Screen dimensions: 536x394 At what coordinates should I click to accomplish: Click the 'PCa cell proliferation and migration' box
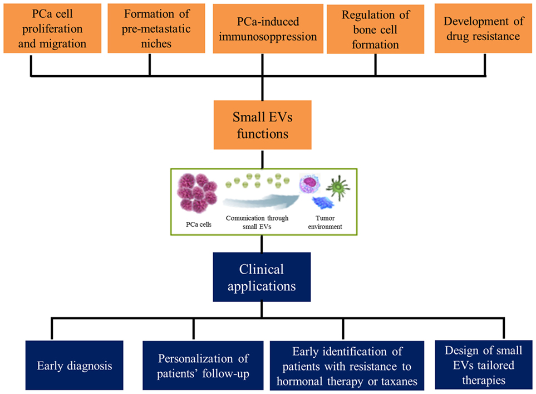click(x=52, y=28)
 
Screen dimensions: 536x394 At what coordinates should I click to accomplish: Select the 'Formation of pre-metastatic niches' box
click(x=156, y=28)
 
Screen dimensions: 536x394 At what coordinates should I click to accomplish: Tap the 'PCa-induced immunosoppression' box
click(x=268, y=29)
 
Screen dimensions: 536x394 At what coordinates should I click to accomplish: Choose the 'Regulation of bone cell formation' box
click(x=375, y=29)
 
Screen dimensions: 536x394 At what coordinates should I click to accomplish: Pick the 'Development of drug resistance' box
click(x=483, y=28)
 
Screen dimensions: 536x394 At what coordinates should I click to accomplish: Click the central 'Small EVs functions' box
click(x=263, y=125)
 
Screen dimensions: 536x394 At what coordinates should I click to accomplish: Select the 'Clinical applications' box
click(x=262, y=277)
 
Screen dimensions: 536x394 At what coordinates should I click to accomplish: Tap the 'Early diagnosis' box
click(x=74, y=365)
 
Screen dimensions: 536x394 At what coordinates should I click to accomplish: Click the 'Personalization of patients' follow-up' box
click(x=203, y=366)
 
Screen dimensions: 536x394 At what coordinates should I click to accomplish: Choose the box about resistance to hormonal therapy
click(x=347, y=366)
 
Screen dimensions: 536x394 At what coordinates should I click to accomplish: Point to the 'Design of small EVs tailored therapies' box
click(x=484, y=365)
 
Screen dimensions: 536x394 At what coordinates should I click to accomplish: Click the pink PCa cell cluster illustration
click(x=197, y=193)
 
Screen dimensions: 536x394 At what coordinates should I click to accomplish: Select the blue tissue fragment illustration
click(x=323, y=202)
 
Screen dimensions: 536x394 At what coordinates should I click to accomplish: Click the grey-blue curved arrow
click(x=261, y=201)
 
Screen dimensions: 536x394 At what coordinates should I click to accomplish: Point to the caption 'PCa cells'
click(x=199, y=224)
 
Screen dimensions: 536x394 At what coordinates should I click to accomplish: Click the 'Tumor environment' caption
click(x=325, y=222)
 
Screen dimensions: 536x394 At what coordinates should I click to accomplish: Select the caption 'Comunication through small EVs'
click(x=257, y=222)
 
